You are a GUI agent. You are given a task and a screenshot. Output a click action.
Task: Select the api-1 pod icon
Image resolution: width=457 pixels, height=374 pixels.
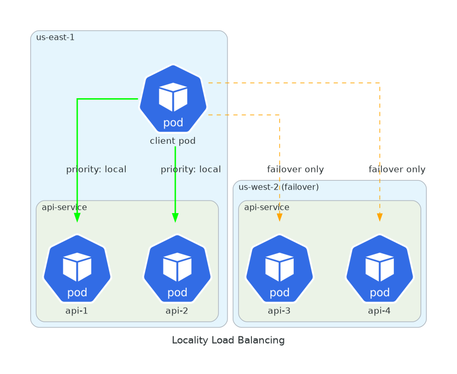point(77,268)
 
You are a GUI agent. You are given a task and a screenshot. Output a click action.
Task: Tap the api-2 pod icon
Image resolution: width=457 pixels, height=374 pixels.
point(177,268)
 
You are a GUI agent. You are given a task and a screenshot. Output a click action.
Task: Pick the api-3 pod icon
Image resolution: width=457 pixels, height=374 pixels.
point(280,268)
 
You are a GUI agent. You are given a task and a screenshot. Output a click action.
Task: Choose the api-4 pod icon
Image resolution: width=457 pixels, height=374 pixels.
point(380,268)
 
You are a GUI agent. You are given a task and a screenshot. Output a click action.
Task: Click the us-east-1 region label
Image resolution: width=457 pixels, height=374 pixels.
point(55,37)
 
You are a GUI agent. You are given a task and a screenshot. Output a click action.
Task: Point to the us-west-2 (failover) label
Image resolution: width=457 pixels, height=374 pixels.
point(279,187)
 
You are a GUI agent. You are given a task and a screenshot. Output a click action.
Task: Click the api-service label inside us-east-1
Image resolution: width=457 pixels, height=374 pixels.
point(64,207)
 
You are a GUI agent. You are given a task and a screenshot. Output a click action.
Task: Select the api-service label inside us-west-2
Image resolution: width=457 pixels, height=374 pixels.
point(267,207)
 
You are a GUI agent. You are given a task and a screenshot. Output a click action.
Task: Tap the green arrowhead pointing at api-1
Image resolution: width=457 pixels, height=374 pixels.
point(77,218)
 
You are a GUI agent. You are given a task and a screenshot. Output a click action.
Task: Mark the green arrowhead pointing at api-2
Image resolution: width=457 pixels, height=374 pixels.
point(175,218)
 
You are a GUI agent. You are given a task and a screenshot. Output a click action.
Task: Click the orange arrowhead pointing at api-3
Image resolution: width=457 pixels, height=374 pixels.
point(280,217)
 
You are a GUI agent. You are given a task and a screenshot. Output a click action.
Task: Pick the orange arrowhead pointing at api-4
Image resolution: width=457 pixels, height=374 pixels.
point(380,217)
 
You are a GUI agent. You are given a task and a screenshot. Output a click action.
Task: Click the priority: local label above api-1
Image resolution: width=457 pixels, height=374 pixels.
point(96,169)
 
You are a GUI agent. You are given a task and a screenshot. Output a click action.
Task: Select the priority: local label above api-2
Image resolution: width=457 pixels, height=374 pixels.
point(190,169)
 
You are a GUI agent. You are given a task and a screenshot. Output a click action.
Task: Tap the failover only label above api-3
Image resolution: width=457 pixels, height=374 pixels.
point(295,169)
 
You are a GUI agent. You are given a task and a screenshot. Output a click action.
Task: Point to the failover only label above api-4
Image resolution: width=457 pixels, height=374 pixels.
point(397,169)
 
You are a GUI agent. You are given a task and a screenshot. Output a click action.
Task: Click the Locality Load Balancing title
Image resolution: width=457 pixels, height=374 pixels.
point(228,341)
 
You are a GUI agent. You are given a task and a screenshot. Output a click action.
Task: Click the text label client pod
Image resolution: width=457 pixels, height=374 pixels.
point(173,141)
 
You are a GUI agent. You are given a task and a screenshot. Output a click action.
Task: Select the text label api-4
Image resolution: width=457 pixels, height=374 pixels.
point(379,311)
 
